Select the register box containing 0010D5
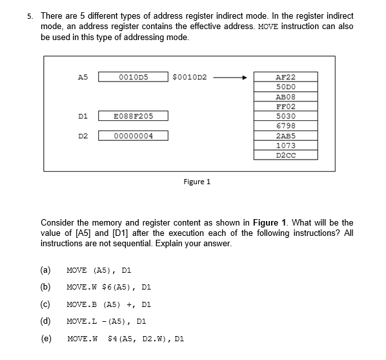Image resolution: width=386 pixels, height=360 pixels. click(x=134, y=78)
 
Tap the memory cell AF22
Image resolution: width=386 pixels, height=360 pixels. click(x=285, y=77)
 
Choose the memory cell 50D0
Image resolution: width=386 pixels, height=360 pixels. click(x=285, y=87)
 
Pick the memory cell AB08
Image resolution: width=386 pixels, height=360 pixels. click(x=285, y=96)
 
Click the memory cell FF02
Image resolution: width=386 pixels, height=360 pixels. click(x=285, y=106)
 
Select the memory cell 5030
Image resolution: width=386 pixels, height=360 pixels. click(x=285, y=116)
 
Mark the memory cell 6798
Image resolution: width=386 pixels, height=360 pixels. click(x=285, y=125)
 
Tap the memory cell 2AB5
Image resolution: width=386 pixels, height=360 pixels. click(x=285, y=136)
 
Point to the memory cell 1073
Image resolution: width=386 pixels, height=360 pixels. click(x=285, y=145)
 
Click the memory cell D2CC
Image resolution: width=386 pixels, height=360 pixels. click(x=285, y=155)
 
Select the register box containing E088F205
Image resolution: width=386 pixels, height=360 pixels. click(x=134, y=116)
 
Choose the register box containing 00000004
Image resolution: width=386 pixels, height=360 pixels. click(x=134, y=136)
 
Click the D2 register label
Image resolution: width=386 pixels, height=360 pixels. click(x=83, y=136)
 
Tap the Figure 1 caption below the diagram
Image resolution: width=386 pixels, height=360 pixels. click(x=197, y=182)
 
